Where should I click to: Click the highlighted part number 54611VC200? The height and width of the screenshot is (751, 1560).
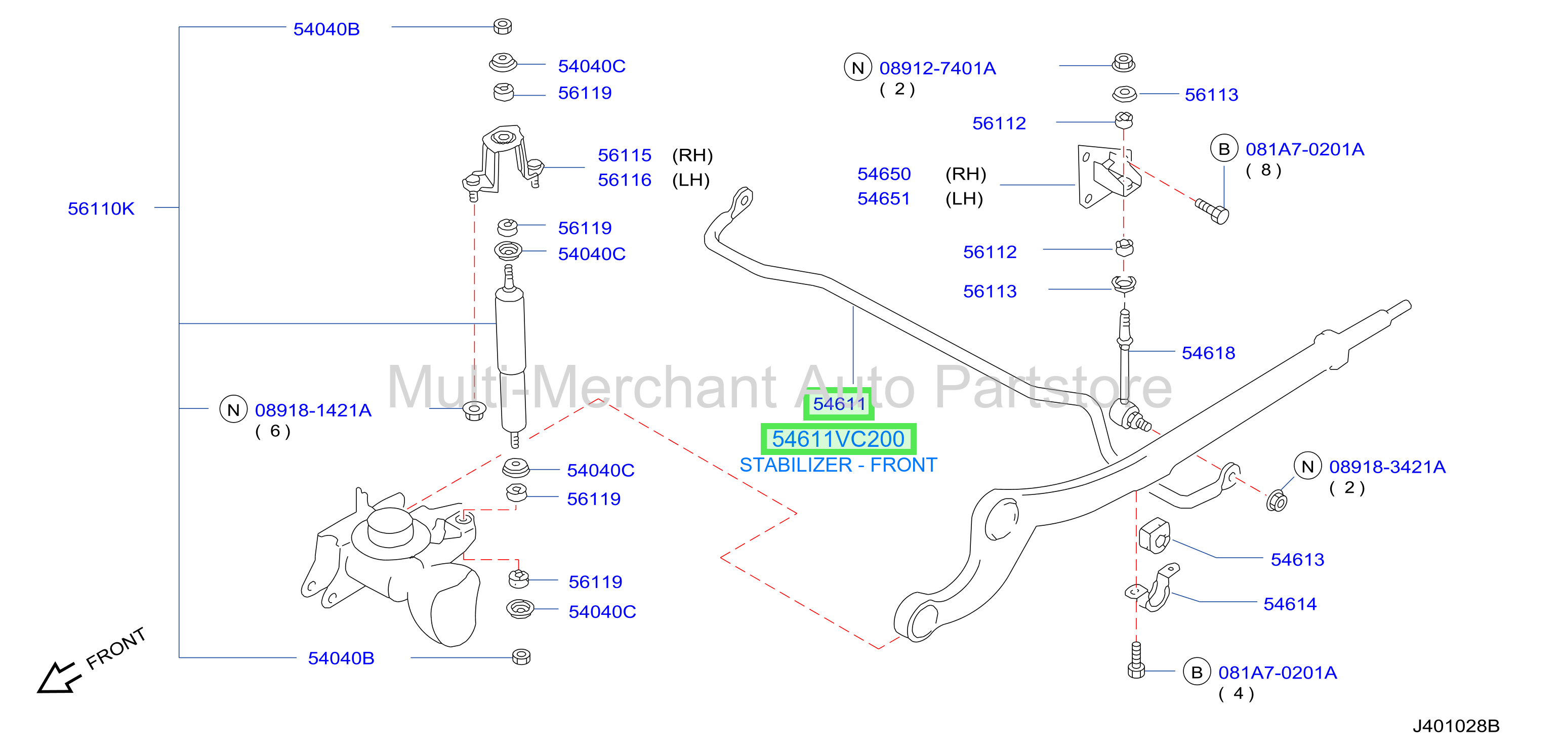838,439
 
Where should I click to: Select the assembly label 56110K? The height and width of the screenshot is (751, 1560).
101,208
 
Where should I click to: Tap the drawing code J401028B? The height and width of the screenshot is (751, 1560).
1456,726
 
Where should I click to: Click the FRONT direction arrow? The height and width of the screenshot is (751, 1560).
59,678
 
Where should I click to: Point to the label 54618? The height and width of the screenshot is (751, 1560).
1208,353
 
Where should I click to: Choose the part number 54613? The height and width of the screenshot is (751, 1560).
1297,560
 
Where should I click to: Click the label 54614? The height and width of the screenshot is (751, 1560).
1290,604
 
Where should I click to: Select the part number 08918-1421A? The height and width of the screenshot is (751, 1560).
313,410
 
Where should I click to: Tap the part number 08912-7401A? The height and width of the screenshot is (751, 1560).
937,68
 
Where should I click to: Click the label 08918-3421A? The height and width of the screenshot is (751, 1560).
1387,467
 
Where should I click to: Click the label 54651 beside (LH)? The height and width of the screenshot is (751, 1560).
884,199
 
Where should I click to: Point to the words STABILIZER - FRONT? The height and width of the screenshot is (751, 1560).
838,465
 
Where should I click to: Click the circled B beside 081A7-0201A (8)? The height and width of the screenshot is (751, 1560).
1224,149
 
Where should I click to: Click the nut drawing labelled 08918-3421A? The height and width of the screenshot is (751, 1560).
1277,502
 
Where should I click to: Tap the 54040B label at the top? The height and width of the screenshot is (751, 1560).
326,29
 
